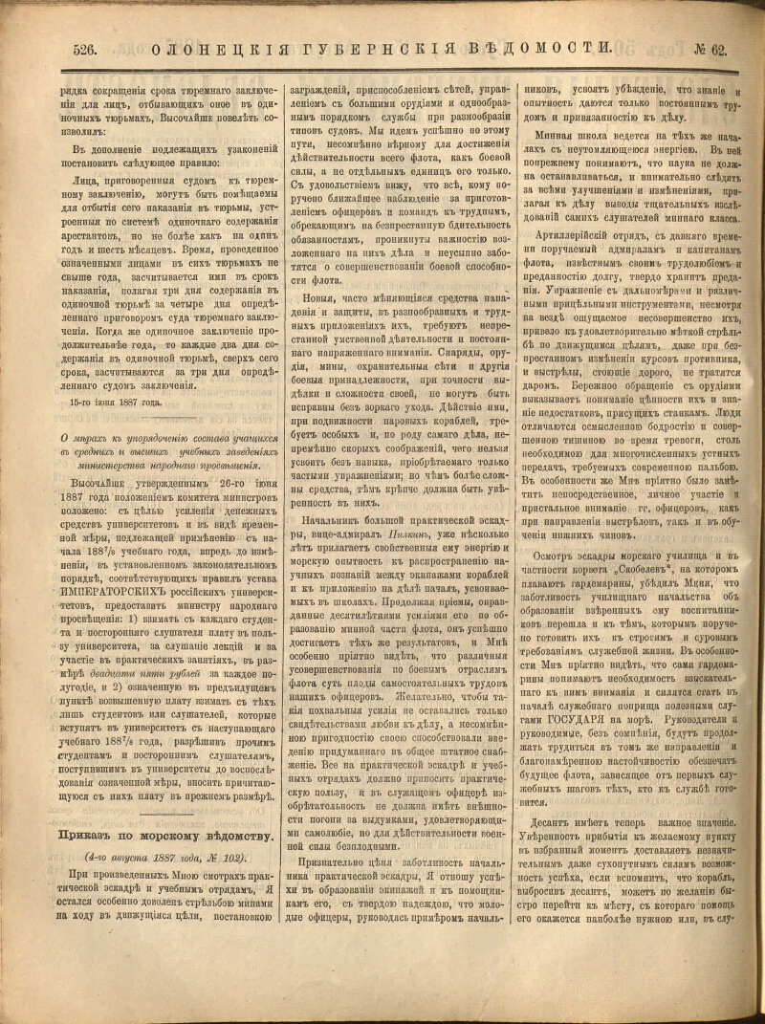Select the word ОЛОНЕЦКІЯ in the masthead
(x=202, y=47)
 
